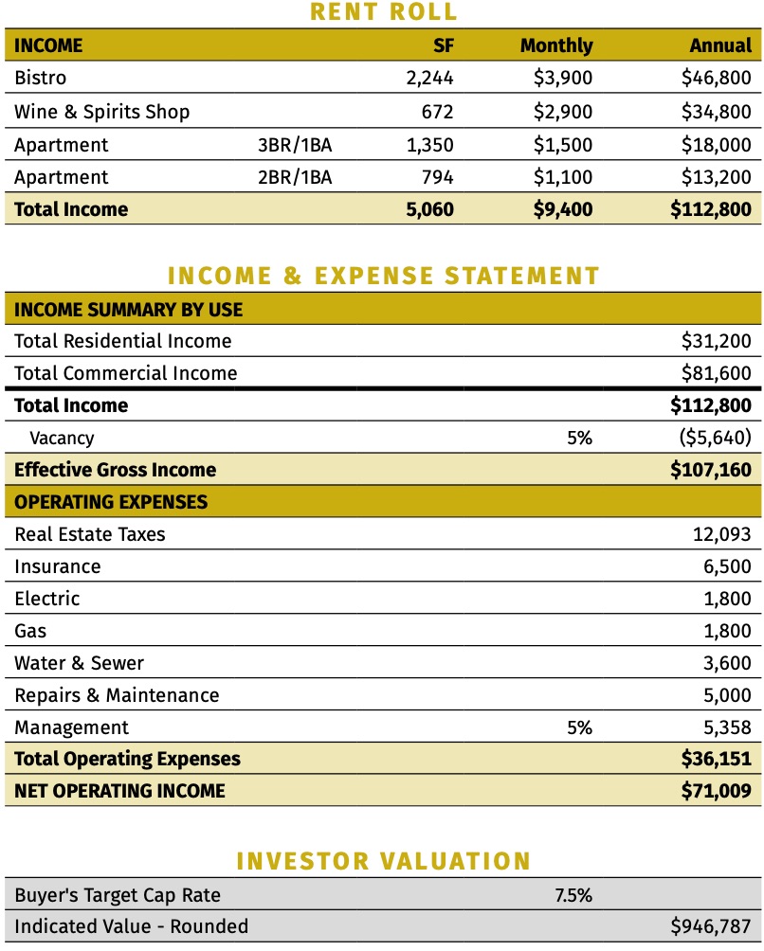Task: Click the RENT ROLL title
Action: pyautogui.click(x=383, y=12)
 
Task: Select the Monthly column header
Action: pyautogui.click(x=556, y=45)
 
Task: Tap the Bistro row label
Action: pyautogui.click(x=41, y=79)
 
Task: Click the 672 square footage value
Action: pyautogui.click(x=437, y=112)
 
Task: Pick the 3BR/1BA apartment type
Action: pyautogui.click(x=295, y=145)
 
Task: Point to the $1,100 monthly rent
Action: pyautogui.click(x=563, y=177)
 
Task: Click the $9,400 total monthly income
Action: pyautogui.click(x=563, y=209)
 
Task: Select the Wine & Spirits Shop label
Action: pyautogui.click(x=101, y=112)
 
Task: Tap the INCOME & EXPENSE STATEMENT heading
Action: pyautogui.click(x=383, y=276)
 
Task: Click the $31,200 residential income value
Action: pyautogui.click(x=716, y=341)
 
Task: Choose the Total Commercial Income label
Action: pyautogui.click(x=125, y=373)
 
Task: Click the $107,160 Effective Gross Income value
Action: pyautogui.click(x=710, y=470)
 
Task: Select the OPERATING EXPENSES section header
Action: pyautogui.click(x=111, y=502)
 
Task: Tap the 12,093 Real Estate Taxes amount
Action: pyautogui.click(x=722, y=534)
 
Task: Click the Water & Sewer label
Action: pyautogui.click(x=79, y=663)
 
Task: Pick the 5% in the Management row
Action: pyautogui.click(x=579, y=727)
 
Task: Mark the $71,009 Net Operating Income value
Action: pyautogui.click(x=716, y=791)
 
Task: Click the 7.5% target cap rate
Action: pyautogui.click(x=573, y=894)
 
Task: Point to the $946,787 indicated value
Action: pyautogui.click(x=710, y=926)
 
